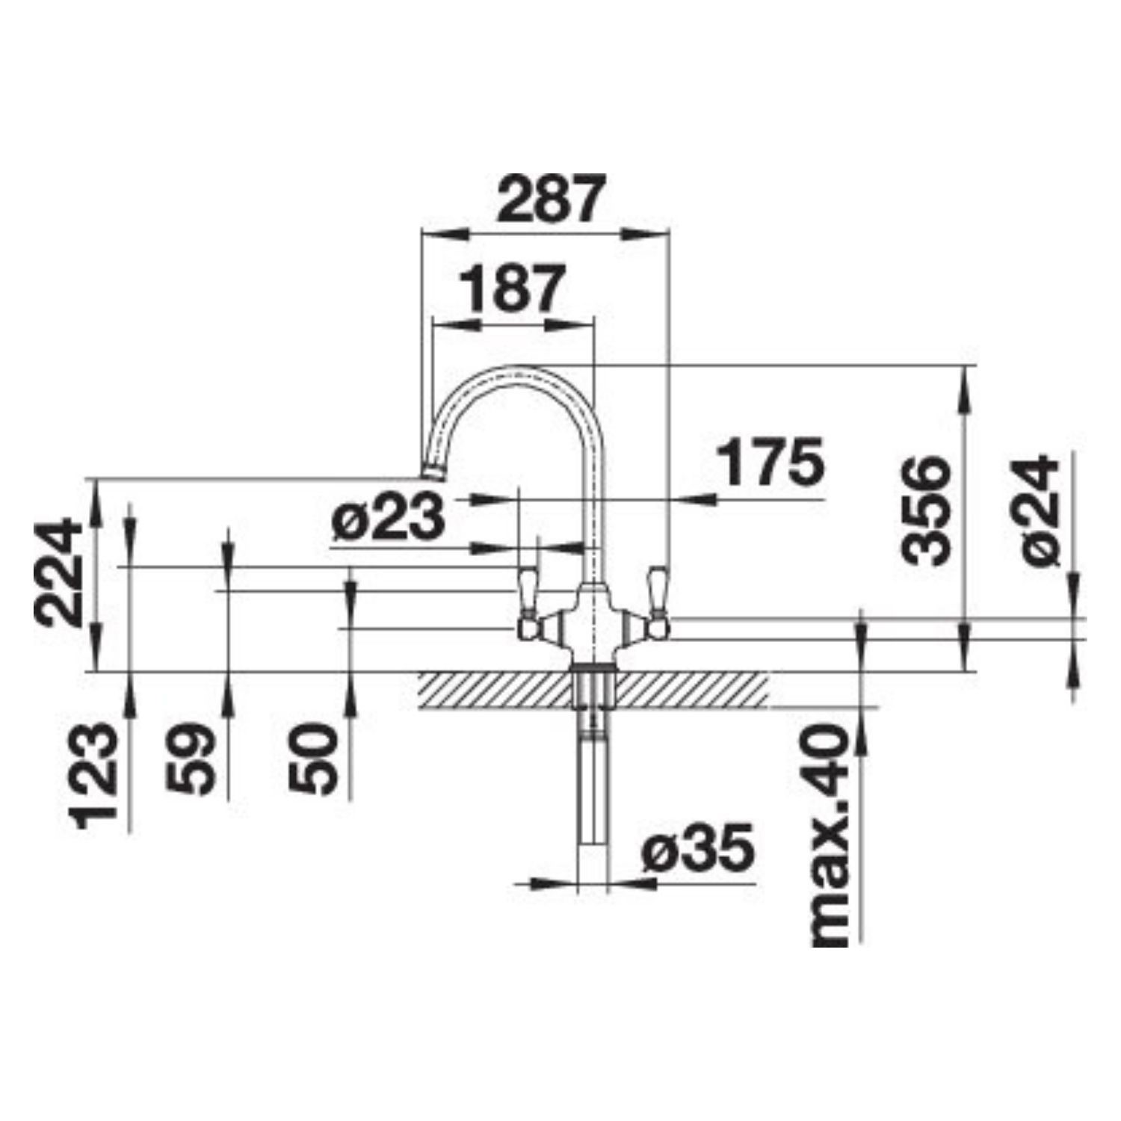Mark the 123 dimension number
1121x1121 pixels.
(x=95, y=775)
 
